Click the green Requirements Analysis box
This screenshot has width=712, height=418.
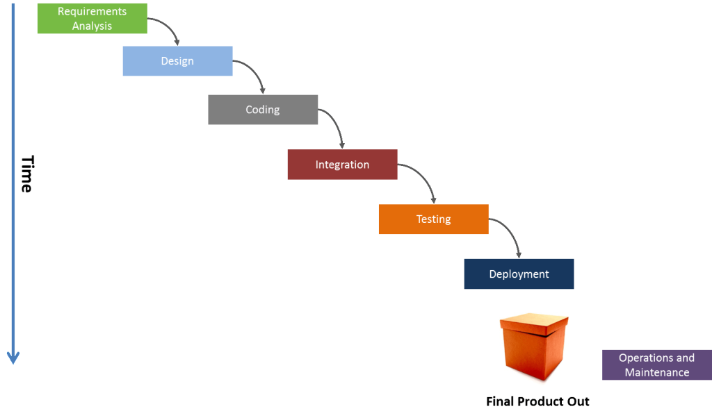point(92,19)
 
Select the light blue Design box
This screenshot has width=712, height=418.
point(177,61)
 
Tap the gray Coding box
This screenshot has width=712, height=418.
point(263,110)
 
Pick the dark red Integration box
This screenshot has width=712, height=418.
point(342,165)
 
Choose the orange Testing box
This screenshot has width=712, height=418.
point(433,219)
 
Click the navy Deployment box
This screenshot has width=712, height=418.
point(519,274)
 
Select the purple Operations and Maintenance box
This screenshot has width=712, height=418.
point(656,365)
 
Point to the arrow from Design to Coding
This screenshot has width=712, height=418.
point(254,74)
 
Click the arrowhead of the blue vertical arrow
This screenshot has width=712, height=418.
point(13,358)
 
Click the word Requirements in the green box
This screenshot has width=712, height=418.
point(92,12)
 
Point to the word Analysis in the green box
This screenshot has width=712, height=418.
point(92,26)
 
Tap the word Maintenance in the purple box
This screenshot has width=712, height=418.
point(657,373)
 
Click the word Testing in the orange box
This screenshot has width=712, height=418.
point(433,219)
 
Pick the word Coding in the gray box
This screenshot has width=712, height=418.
point(263,110)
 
